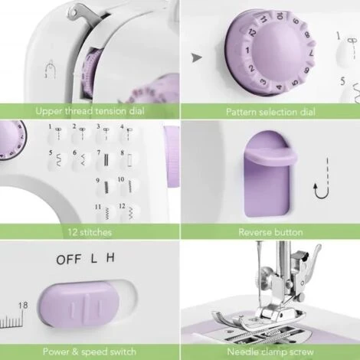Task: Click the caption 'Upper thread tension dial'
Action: pyautogui.click(x=90, y=111)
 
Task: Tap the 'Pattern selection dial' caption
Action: pyautogui.click(x=270, y=112)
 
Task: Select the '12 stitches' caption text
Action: pyautogui.click(x=90, y=232)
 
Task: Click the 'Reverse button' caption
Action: pyautogui.click(x=270, y=232)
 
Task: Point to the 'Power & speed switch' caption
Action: pyautogui.click(x=90, y=352)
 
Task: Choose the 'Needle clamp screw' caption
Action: pyautogui.click(x=270, y=352)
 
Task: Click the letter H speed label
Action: pyautogui.click(x=110, y=258)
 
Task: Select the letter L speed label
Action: pyautogui.click(x=94, y=259)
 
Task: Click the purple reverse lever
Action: pyautogui.click(x=270, y=174)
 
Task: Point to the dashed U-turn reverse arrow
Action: pyautogui.click(x=322, y=178)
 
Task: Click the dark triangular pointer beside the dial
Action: pyautogui.click(x=197, y=57)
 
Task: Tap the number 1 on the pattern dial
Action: pyautogui.click(x=247, y=50)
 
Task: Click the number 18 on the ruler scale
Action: pyautogui.click(x=23, y=305)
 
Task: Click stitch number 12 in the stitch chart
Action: pyautogui.click(x=127, y=211)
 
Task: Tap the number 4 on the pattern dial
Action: pyautogui.click(x=280, y=87)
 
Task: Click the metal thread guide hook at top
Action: pyautogui.click(x=82, y=15)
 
